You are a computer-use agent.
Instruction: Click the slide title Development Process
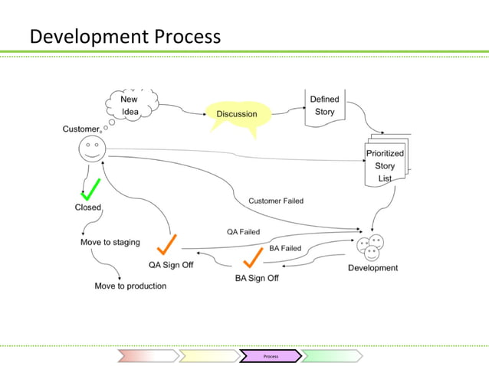[125, 36]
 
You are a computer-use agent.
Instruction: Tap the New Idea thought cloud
[131, 106]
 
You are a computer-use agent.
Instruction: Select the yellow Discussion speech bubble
[237, 115]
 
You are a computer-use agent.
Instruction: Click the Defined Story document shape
[324, 107]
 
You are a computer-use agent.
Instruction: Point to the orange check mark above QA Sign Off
[167, 245]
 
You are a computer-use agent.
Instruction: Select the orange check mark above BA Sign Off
[254, 257]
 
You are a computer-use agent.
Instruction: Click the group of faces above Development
[371, 247]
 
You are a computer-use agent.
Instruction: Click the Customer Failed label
[275, 201]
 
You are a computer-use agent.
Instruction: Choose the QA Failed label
[243, 231]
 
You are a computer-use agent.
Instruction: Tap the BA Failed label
[285, 248]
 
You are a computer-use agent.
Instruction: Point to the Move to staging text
[110, 243]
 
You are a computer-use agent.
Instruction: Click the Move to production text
[130, 286]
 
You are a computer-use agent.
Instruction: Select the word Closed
[88, 207]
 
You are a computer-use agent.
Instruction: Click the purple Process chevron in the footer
[270, 356]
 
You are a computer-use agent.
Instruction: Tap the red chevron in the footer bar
[147, 356]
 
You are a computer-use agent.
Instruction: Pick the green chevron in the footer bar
[331, 356]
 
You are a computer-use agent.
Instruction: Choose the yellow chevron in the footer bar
[208, 356]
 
